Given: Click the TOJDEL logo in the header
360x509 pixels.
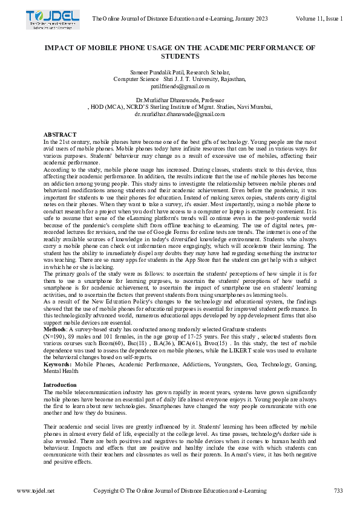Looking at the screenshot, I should tap(52, 20).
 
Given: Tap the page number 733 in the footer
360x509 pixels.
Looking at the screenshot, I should tap(338, 491).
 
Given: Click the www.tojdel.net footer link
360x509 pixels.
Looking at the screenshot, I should tap(36, 491).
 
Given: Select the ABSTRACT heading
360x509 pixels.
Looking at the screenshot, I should tap(60, 134).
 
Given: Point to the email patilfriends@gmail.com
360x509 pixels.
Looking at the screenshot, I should tap(180, 86).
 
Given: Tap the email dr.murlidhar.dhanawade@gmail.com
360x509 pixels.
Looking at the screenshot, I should tap(180, 114).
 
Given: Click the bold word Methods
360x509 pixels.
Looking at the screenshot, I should tap(56, 329).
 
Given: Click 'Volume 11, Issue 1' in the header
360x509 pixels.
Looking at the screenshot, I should tap(319, 19).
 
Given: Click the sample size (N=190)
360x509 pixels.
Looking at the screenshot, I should tap(56, 336).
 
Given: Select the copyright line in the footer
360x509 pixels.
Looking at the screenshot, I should tap(180, 491).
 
